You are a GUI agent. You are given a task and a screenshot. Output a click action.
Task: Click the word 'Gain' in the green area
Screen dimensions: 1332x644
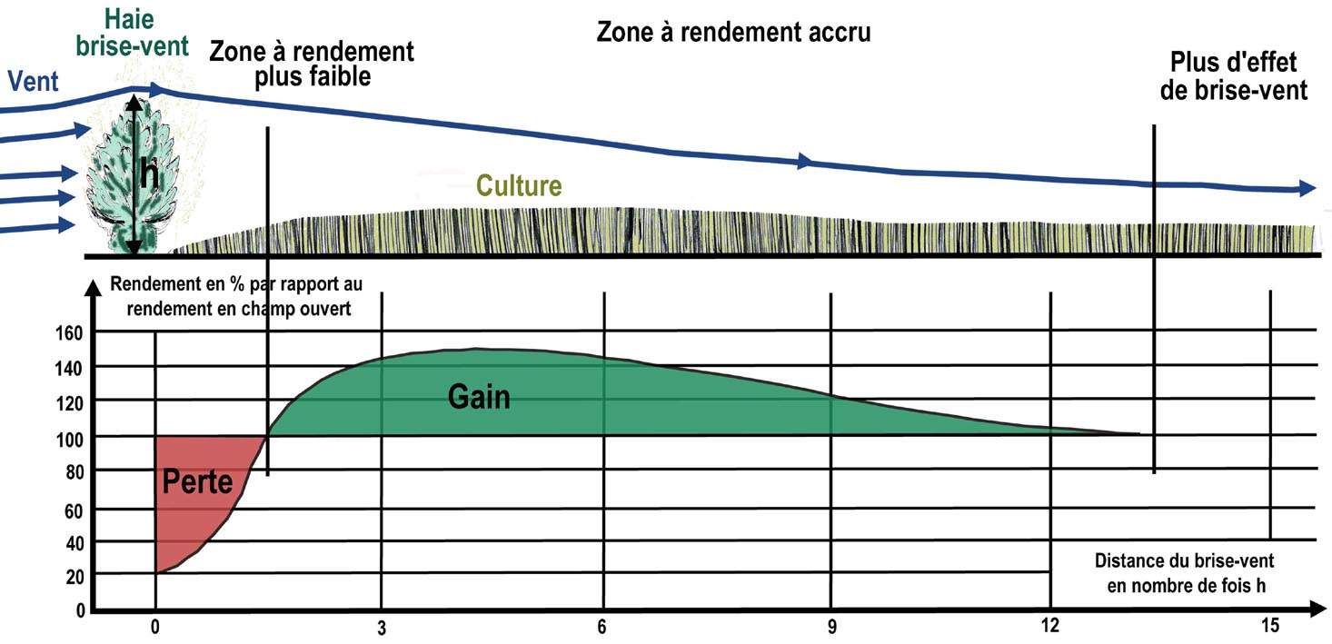click(479, 397)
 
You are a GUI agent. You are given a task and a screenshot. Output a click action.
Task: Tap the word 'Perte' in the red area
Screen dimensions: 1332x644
click(197, 481)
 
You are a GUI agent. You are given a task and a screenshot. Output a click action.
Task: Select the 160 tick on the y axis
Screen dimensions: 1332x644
click(69, 333)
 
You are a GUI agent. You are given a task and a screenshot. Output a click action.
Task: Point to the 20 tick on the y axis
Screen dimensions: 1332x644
click(75, 577)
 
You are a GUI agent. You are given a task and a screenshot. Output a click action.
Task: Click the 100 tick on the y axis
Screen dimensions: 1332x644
click(69, 440)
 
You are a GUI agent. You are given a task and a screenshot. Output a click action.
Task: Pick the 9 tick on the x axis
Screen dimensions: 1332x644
click(831, 626)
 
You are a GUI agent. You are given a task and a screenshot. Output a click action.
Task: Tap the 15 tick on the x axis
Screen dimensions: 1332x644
click(1270, 626)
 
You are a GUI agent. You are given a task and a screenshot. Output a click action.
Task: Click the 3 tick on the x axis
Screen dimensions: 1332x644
click(382, 628)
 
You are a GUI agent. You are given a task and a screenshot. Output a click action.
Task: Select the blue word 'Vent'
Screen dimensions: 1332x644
click(33, 82)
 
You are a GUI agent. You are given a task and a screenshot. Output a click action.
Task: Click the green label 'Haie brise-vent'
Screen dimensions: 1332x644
click(132, 33)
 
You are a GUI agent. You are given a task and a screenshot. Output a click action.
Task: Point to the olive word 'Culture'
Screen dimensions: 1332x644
click(519, 185)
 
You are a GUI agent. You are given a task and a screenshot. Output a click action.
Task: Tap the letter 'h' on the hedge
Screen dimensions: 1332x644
click(149, 174)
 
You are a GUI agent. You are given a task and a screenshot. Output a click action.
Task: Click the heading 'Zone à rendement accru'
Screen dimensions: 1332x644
click(734, 32)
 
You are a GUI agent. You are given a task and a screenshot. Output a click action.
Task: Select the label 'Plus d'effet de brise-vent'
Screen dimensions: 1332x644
click(1233, 76)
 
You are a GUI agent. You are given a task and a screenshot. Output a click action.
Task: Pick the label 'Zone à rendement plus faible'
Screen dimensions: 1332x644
click(312, 64)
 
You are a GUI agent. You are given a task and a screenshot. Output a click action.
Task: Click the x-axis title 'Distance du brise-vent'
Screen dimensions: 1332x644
click(1185, 560)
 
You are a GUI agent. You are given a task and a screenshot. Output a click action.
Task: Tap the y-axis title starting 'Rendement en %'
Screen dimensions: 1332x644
click(236, 296)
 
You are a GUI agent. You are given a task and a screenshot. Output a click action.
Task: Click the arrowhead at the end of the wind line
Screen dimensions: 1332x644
click(1307, 189)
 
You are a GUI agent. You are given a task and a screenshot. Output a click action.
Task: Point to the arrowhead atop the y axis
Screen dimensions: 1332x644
click(93, 288)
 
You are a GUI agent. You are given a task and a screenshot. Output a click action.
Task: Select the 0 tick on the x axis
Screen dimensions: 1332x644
click(155, 627)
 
